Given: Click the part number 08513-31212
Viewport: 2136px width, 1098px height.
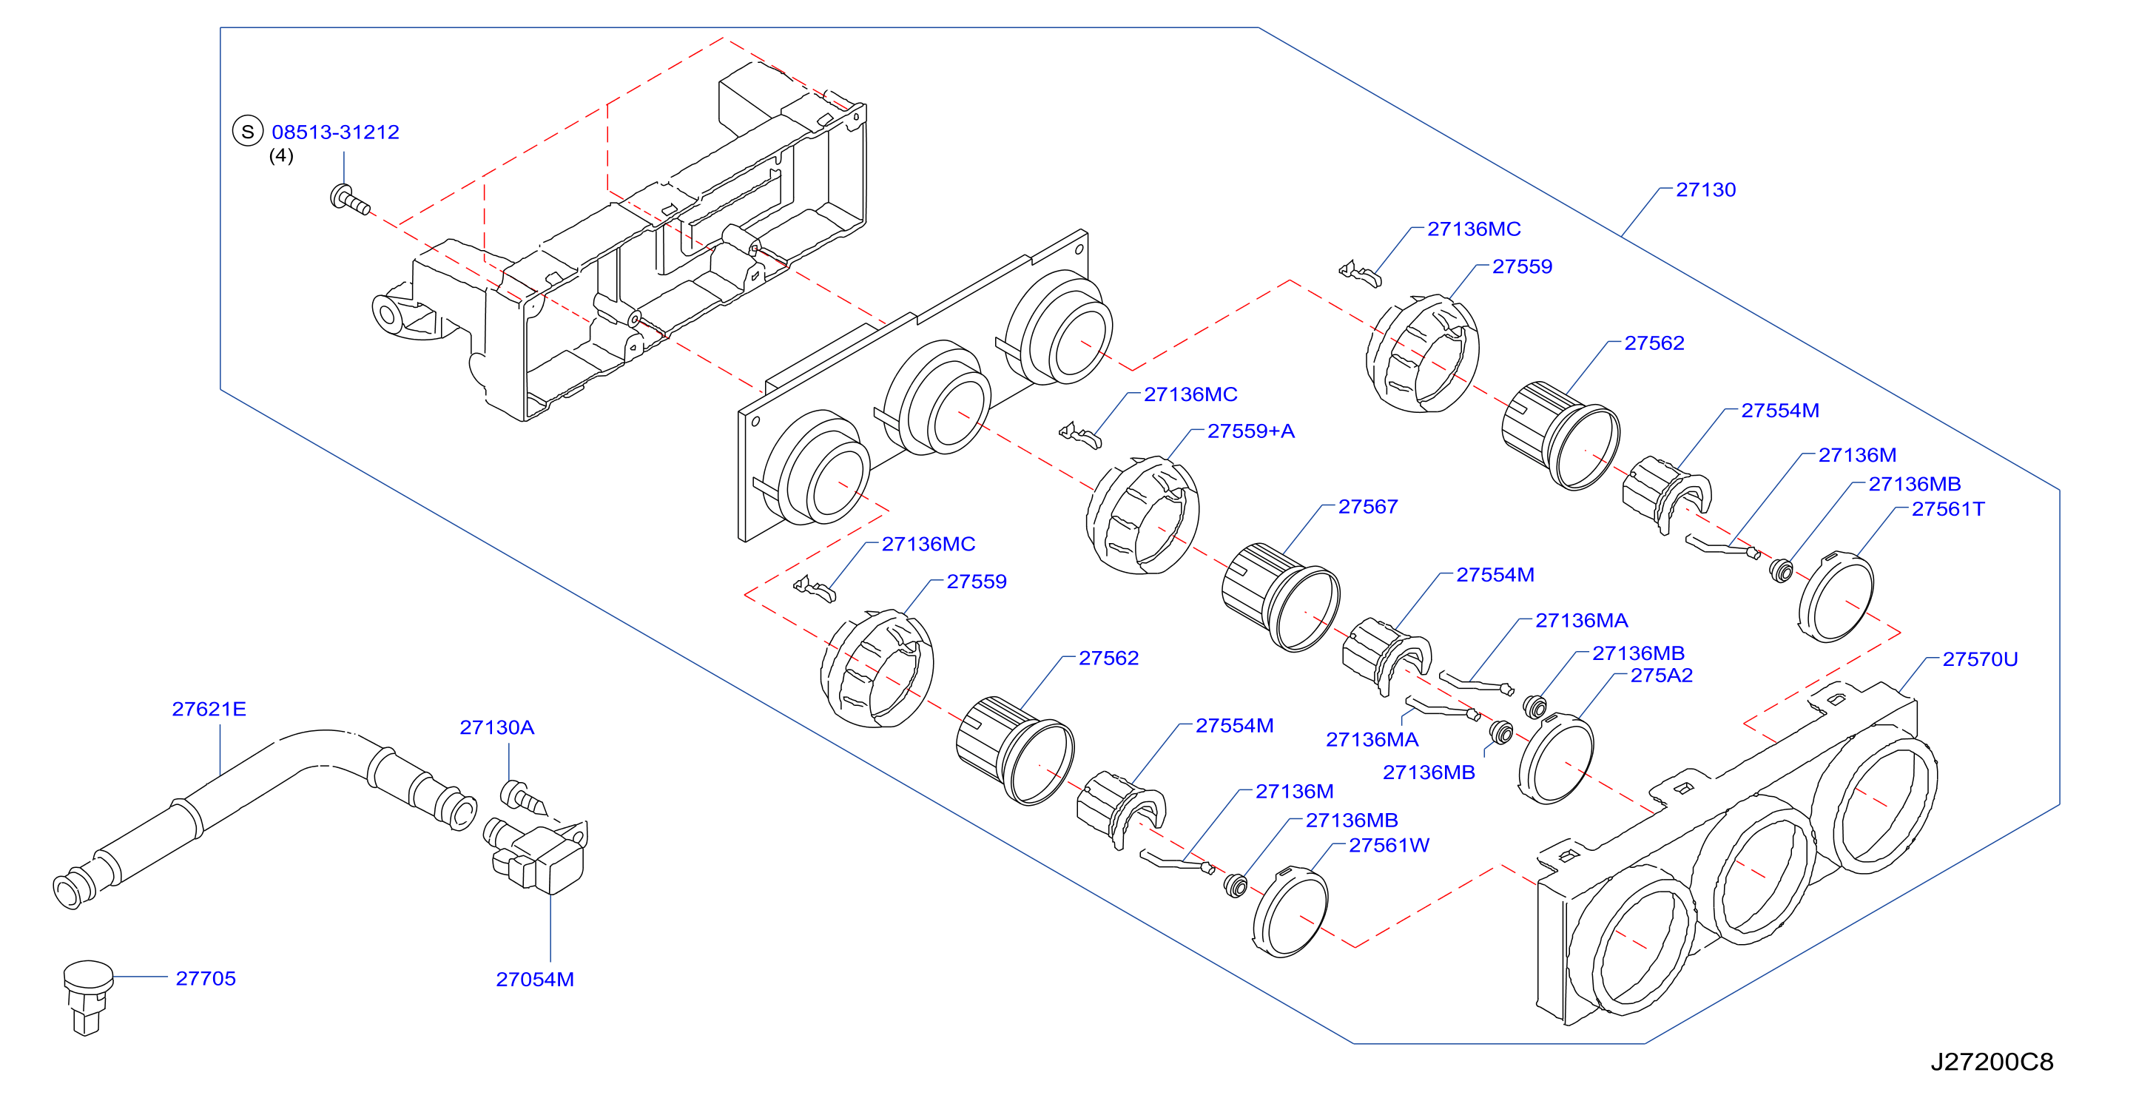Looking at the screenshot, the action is click(x=335, y=132).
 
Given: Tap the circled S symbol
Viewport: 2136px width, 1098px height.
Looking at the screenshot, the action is click(x=247, y=131).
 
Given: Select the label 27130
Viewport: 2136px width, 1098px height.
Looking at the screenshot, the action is click(x=1705, y=190).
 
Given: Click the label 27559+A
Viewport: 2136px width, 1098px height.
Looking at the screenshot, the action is click(x=1250, y=431).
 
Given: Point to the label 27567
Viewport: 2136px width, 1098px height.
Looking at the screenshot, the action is click(x=1367, y=507).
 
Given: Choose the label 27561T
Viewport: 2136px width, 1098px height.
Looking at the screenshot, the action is click(x=1948, y=509).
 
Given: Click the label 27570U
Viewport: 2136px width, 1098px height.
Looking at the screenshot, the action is click(x=1980, y=659).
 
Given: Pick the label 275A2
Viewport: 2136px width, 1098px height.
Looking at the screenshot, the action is click(x=1661, y=676).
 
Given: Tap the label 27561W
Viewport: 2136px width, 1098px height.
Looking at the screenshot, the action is click(x=1389, y=846).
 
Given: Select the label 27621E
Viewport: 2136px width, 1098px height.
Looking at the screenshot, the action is click(x=209, y=709).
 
